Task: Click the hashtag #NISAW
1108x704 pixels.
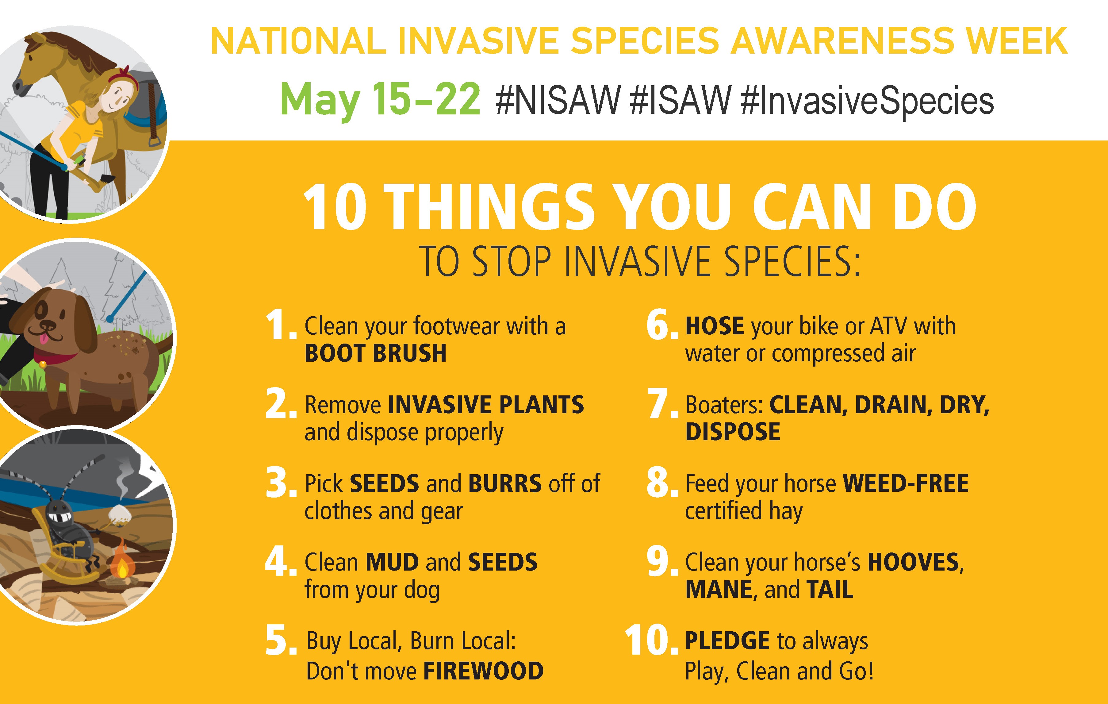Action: pos(558,100)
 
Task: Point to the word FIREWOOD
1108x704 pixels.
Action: pos(483,671)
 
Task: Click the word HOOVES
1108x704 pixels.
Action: pos(913,562)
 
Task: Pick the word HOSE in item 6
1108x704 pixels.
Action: pos(715,326)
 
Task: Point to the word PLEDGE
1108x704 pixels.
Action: pos(727,641)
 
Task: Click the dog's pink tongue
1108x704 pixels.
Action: pos(43,340)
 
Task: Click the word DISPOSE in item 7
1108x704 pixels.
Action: pos(733,432)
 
